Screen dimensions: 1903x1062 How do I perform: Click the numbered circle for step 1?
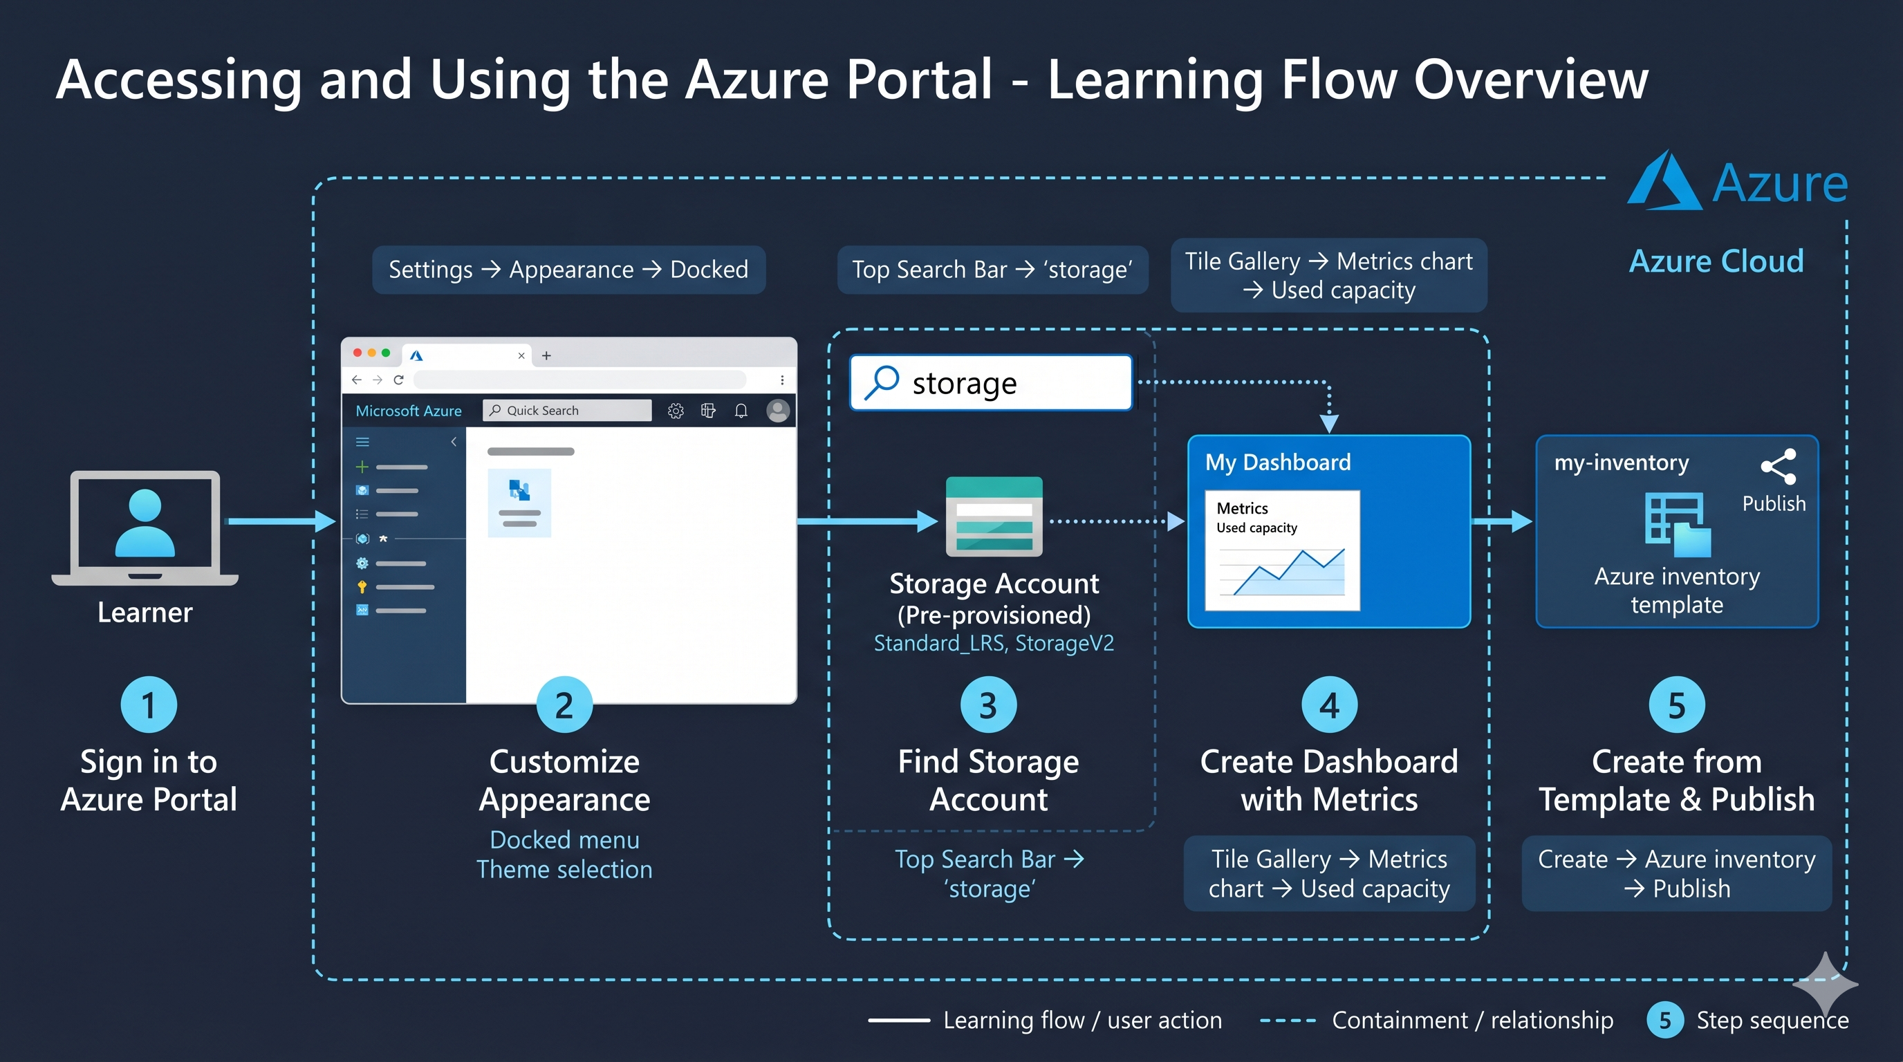(149, 705)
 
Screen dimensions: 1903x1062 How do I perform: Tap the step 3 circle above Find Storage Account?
(988, 705)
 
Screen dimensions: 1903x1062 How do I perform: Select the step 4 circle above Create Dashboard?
(1330, 705)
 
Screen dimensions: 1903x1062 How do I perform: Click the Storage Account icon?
(994, 516)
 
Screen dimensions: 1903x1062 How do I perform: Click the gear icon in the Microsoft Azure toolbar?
(675, 411)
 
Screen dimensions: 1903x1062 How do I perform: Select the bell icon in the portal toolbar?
(741, 411)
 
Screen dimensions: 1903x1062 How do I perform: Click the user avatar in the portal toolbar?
(778, 411)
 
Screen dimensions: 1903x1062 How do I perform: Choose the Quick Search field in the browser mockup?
(567, 411)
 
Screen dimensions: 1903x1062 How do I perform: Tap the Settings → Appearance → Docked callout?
(569, 270)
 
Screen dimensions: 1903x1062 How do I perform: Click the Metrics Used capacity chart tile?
(1283, 550)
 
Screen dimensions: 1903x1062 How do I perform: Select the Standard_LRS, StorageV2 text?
(994, 643)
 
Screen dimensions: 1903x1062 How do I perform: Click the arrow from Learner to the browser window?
(281, 521)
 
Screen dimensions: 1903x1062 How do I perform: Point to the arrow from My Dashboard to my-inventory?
(1502, 521)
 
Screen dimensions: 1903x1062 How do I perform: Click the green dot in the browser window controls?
(386, 353)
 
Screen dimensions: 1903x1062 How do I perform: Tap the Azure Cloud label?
(1717, 261)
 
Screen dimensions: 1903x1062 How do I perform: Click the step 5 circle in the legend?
(1665, 1020)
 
